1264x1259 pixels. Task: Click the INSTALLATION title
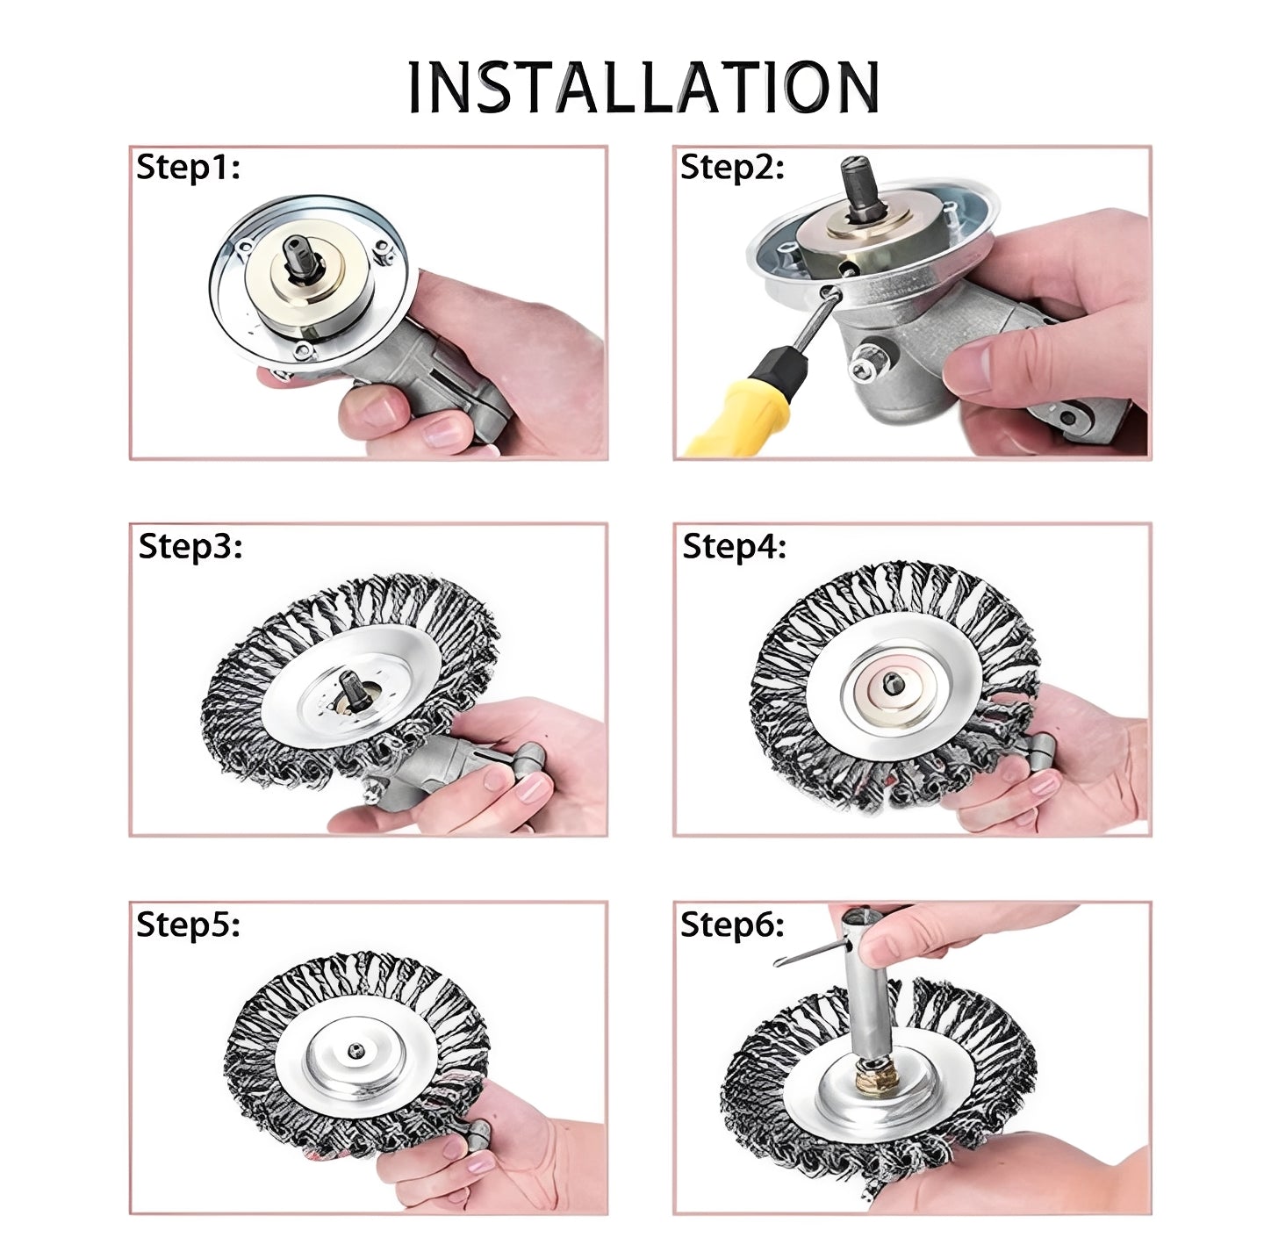643,87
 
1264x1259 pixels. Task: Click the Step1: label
188,167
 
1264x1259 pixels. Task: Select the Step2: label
732,167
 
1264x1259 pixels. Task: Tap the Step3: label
190,545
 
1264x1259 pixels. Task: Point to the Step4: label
734,545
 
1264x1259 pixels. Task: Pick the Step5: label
188,924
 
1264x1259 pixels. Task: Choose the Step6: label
732,924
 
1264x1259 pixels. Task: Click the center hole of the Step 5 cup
357,1049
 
